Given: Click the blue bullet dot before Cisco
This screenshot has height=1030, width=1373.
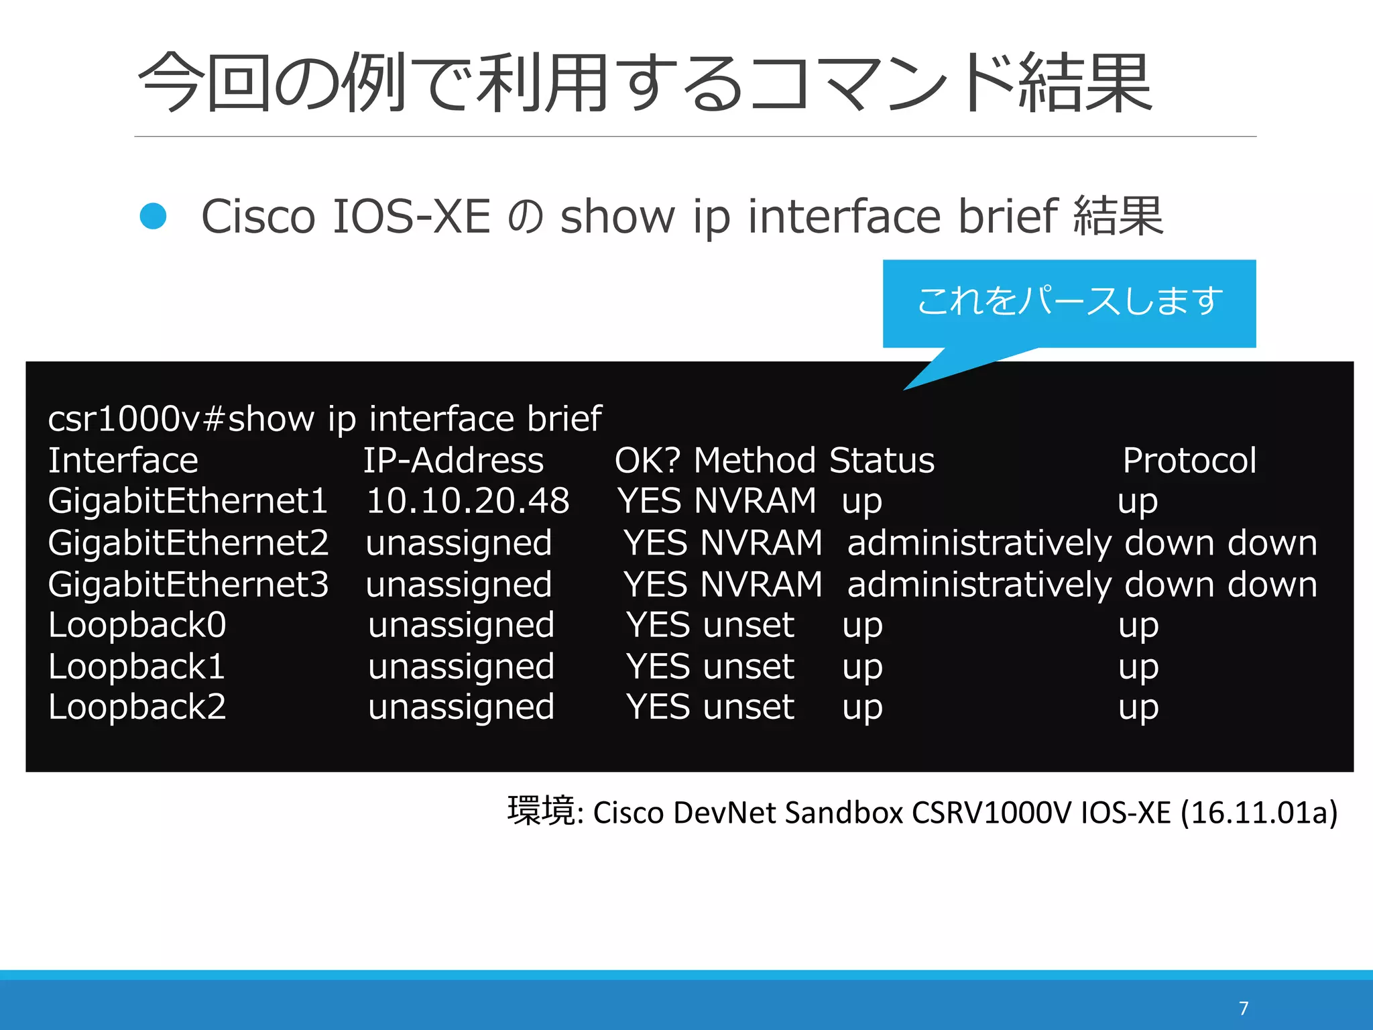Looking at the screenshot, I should [153, 217].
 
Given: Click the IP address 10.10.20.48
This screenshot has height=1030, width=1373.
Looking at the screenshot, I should [468, 501].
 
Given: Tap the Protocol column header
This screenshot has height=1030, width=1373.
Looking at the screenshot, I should [1189, 461].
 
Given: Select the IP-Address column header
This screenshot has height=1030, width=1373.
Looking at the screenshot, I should [453, 461].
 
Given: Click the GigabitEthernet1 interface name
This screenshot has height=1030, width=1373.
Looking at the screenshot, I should [188, 501].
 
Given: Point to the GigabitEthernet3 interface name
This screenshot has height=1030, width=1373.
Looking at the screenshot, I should [188, 584].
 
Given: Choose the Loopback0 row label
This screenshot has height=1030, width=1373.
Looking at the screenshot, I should [137, 625].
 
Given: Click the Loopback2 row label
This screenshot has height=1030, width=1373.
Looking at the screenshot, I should [137, 707].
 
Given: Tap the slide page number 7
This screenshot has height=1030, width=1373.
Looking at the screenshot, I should [1244, 1009].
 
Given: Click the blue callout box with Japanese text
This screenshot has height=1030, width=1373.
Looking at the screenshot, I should [1069, 302].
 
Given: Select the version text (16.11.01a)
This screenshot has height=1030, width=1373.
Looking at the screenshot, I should [1258, 813].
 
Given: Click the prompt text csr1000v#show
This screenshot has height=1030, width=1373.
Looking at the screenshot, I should [181, 418].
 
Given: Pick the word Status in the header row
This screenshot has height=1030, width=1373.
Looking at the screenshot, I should [882, 461].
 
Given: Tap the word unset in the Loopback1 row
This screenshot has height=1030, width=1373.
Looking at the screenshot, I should [749, 667].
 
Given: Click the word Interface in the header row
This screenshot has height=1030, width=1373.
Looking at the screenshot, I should [123, 461].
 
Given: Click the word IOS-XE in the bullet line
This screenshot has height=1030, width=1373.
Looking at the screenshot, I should [412, 217].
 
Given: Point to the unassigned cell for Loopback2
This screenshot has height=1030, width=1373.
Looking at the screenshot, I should [461, 707].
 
